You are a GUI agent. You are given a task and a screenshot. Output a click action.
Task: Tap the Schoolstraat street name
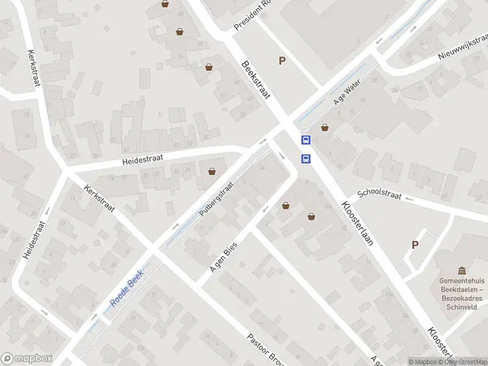pos(379,194)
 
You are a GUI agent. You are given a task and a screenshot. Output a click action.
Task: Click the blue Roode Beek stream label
pos(126,289)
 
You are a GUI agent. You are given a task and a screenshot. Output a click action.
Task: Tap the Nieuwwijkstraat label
pos(464,48)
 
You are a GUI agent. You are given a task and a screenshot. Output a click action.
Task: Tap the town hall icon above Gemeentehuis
pos(462,271)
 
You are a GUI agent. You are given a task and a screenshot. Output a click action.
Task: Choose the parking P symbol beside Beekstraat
pos(282,60)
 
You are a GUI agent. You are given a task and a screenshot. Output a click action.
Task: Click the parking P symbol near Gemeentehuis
pos(415,245)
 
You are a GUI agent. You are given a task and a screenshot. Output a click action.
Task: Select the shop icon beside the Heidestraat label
pos(212,171)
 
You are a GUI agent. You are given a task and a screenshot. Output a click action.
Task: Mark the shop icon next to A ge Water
pos(325,127)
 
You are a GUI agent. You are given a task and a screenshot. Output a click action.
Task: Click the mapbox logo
pos(26,359)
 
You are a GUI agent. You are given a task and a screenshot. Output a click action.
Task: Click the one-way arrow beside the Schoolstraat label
pos(409,199)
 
